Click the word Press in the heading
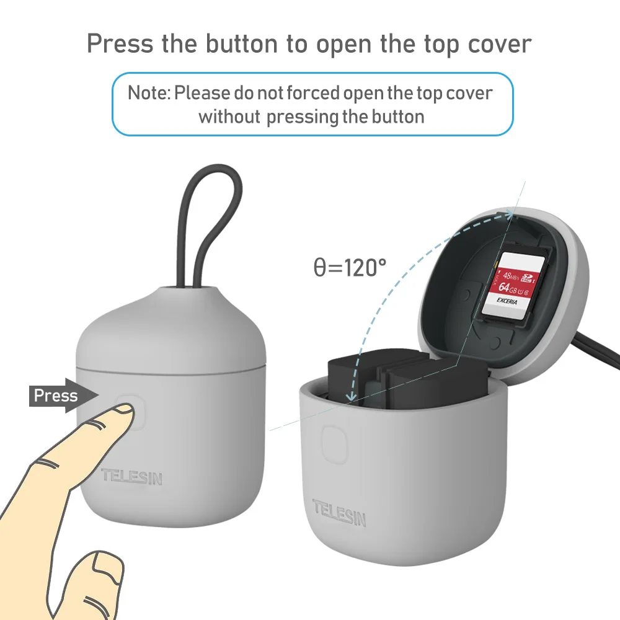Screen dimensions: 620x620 click(120, 44)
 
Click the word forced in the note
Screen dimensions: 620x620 click(312, 94)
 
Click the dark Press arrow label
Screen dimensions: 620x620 click(63, 396)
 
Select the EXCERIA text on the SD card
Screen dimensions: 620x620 click(507, 301)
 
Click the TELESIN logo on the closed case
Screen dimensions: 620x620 click(131, 476)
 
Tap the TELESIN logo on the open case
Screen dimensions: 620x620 click(339, 513)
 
